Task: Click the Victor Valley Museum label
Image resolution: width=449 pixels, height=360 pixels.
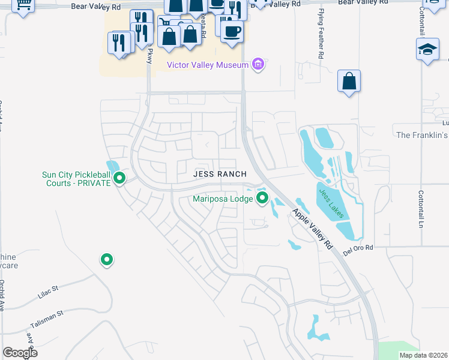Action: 208,65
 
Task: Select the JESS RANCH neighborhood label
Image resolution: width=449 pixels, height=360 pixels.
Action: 220,174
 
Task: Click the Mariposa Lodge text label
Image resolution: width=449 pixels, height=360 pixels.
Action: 222,199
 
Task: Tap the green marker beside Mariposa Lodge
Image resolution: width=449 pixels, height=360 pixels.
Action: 262,197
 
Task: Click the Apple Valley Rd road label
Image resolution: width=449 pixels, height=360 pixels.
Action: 312,229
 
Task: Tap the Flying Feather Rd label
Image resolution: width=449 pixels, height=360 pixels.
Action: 322,37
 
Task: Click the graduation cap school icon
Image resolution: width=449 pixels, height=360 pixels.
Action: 427,49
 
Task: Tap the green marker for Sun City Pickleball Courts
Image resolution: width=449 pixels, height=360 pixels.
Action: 119,178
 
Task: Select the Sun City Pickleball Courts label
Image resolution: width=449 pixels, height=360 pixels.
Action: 76,179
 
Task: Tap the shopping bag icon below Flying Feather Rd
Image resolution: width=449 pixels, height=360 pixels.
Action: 349,80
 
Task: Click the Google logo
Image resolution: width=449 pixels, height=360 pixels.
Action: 20,353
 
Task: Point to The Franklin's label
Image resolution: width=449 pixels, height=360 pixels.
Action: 423,135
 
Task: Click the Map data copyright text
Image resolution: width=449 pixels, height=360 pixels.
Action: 424,355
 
